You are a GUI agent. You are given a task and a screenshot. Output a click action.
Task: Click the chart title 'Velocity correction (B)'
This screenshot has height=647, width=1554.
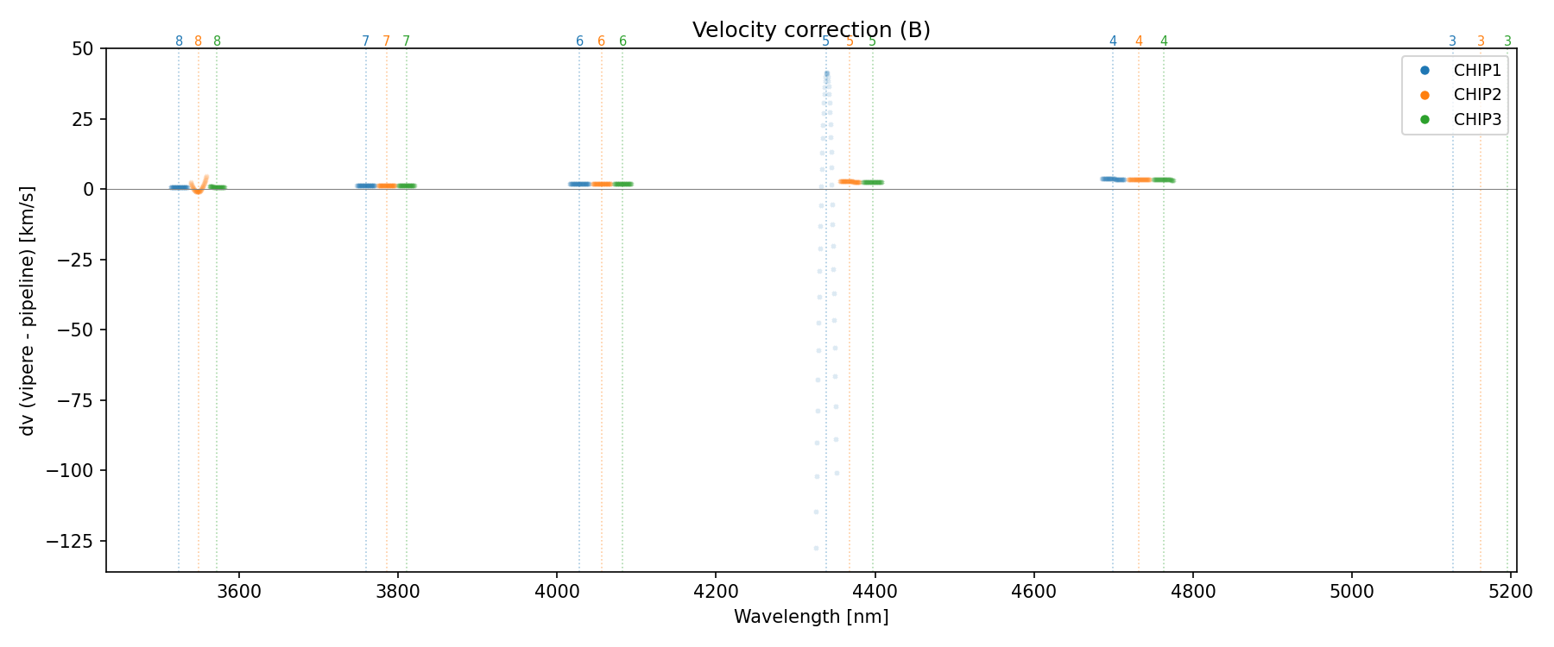811,30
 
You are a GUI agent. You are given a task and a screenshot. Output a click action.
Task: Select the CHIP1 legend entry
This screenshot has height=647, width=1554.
1477,71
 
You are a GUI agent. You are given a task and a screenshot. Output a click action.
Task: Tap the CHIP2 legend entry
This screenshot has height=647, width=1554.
1477,95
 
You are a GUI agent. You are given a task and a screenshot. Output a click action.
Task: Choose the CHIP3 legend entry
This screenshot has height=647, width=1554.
1477,120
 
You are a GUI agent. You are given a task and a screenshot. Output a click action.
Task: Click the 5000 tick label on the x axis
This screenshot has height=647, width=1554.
1351,592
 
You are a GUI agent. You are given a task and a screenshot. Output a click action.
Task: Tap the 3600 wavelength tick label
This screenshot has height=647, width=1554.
239,592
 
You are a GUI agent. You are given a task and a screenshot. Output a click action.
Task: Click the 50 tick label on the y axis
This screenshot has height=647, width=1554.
83,48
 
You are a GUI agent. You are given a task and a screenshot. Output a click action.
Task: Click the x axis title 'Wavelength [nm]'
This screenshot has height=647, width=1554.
811,617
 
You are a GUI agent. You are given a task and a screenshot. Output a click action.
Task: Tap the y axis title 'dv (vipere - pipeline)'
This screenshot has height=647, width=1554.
28,311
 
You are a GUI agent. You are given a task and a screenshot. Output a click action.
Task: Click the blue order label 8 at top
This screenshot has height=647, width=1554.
179,41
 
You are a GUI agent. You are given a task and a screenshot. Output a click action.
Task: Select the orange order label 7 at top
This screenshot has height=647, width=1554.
386,41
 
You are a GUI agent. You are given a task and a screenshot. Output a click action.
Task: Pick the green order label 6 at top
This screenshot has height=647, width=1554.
622,41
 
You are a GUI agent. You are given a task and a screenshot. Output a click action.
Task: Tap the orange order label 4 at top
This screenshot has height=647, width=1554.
1139,41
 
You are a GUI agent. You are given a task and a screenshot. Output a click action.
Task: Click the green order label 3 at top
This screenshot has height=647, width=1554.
1507,41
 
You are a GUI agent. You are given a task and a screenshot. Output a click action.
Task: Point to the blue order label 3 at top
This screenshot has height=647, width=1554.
1452,41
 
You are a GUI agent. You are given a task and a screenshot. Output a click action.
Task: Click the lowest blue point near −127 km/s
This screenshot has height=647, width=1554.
816,548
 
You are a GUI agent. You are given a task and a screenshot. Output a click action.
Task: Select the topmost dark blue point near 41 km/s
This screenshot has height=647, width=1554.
826,74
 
